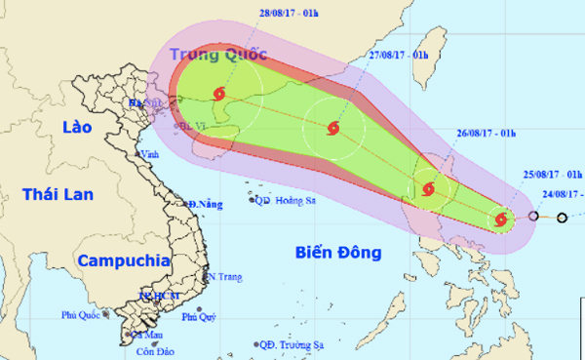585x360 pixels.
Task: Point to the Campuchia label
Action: tap(124, 260)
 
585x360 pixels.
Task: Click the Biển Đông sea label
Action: tap(335, 254)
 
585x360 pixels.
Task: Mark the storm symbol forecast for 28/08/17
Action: tap(218, 95)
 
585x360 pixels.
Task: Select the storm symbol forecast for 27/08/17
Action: tap(334, 127)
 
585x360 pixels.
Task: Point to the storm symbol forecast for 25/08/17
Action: tap(501, 220)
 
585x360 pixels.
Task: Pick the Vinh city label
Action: tap(149, 154)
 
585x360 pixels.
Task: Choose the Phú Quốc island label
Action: tap(82, 315)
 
